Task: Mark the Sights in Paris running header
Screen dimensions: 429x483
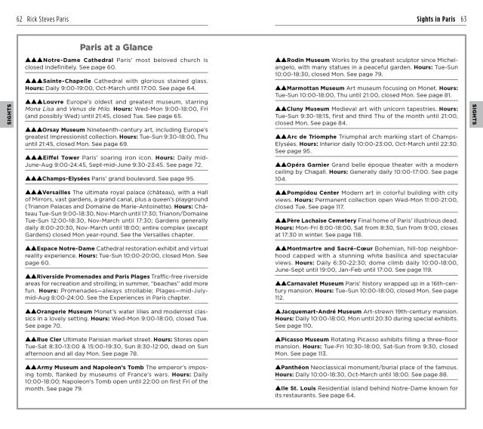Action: click(436, 18)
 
